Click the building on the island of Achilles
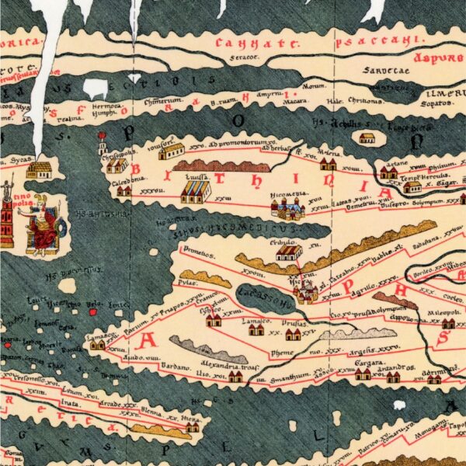(x=366, y=138)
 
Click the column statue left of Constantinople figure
(x=7, y=206)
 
